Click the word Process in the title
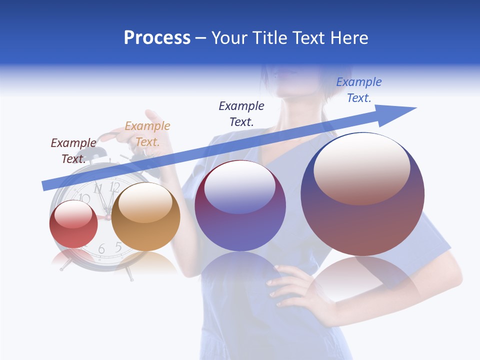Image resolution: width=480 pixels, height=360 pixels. pos(157,38)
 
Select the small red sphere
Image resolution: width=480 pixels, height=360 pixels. pos(73,224)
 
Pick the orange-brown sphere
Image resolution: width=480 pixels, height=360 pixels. pos(145,217)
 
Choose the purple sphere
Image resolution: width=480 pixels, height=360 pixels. pos(240,206)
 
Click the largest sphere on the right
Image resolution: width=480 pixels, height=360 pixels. pos(362,194)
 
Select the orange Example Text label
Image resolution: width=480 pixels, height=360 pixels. pos(147,134)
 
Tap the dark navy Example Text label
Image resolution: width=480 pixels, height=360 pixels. pos(241,113)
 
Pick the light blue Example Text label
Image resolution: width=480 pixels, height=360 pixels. pos(359,90)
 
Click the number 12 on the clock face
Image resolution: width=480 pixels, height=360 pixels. pos(114,187)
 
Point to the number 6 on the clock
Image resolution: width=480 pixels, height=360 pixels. pos(101,249)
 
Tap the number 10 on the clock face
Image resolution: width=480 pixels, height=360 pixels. pos(83,198)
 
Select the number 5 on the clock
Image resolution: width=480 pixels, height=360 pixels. pos(118,246)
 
